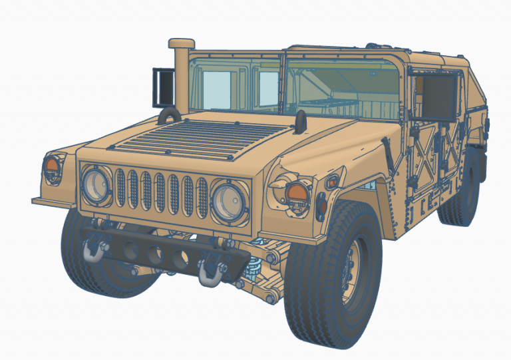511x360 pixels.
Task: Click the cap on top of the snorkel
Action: click(181, 44)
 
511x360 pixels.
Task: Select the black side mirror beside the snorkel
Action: click(162, 87)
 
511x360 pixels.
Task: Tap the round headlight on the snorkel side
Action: click(96, 184)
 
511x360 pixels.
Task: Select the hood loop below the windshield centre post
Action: click(300, 120)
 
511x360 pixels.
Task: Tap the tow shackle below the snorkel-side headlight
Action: click(94, 249)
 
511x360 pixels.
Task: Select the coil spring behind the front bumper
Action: click(253, 269)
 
